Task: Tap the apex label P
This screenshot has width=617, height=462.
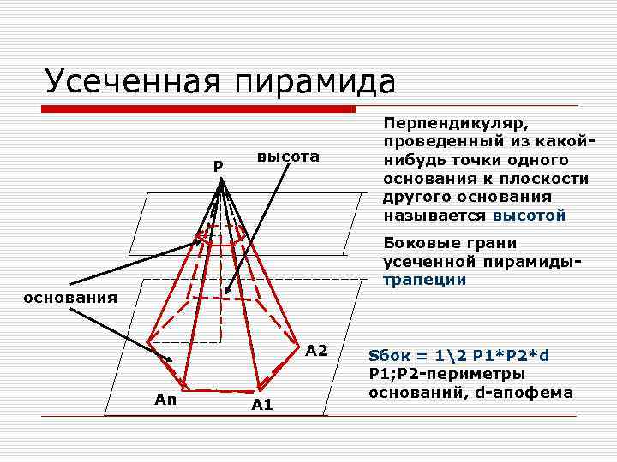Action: click(x=219, y=165)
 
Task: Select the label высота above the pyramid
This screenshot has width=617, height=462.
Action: click(x=288, y=157)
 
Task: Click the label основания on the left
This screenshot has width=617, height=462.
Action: click(x=58, y=298)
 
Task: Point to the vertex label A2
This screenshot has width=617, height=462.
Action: click(x=316, y=351)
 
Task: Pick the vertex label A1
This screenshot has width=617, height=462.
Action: click(x=262, y=405)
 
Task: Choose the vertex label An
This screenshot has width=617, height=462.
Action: click(x=165, y=398)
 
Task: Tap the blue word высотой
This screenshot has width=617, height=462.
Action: click(x=530, y=216)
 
